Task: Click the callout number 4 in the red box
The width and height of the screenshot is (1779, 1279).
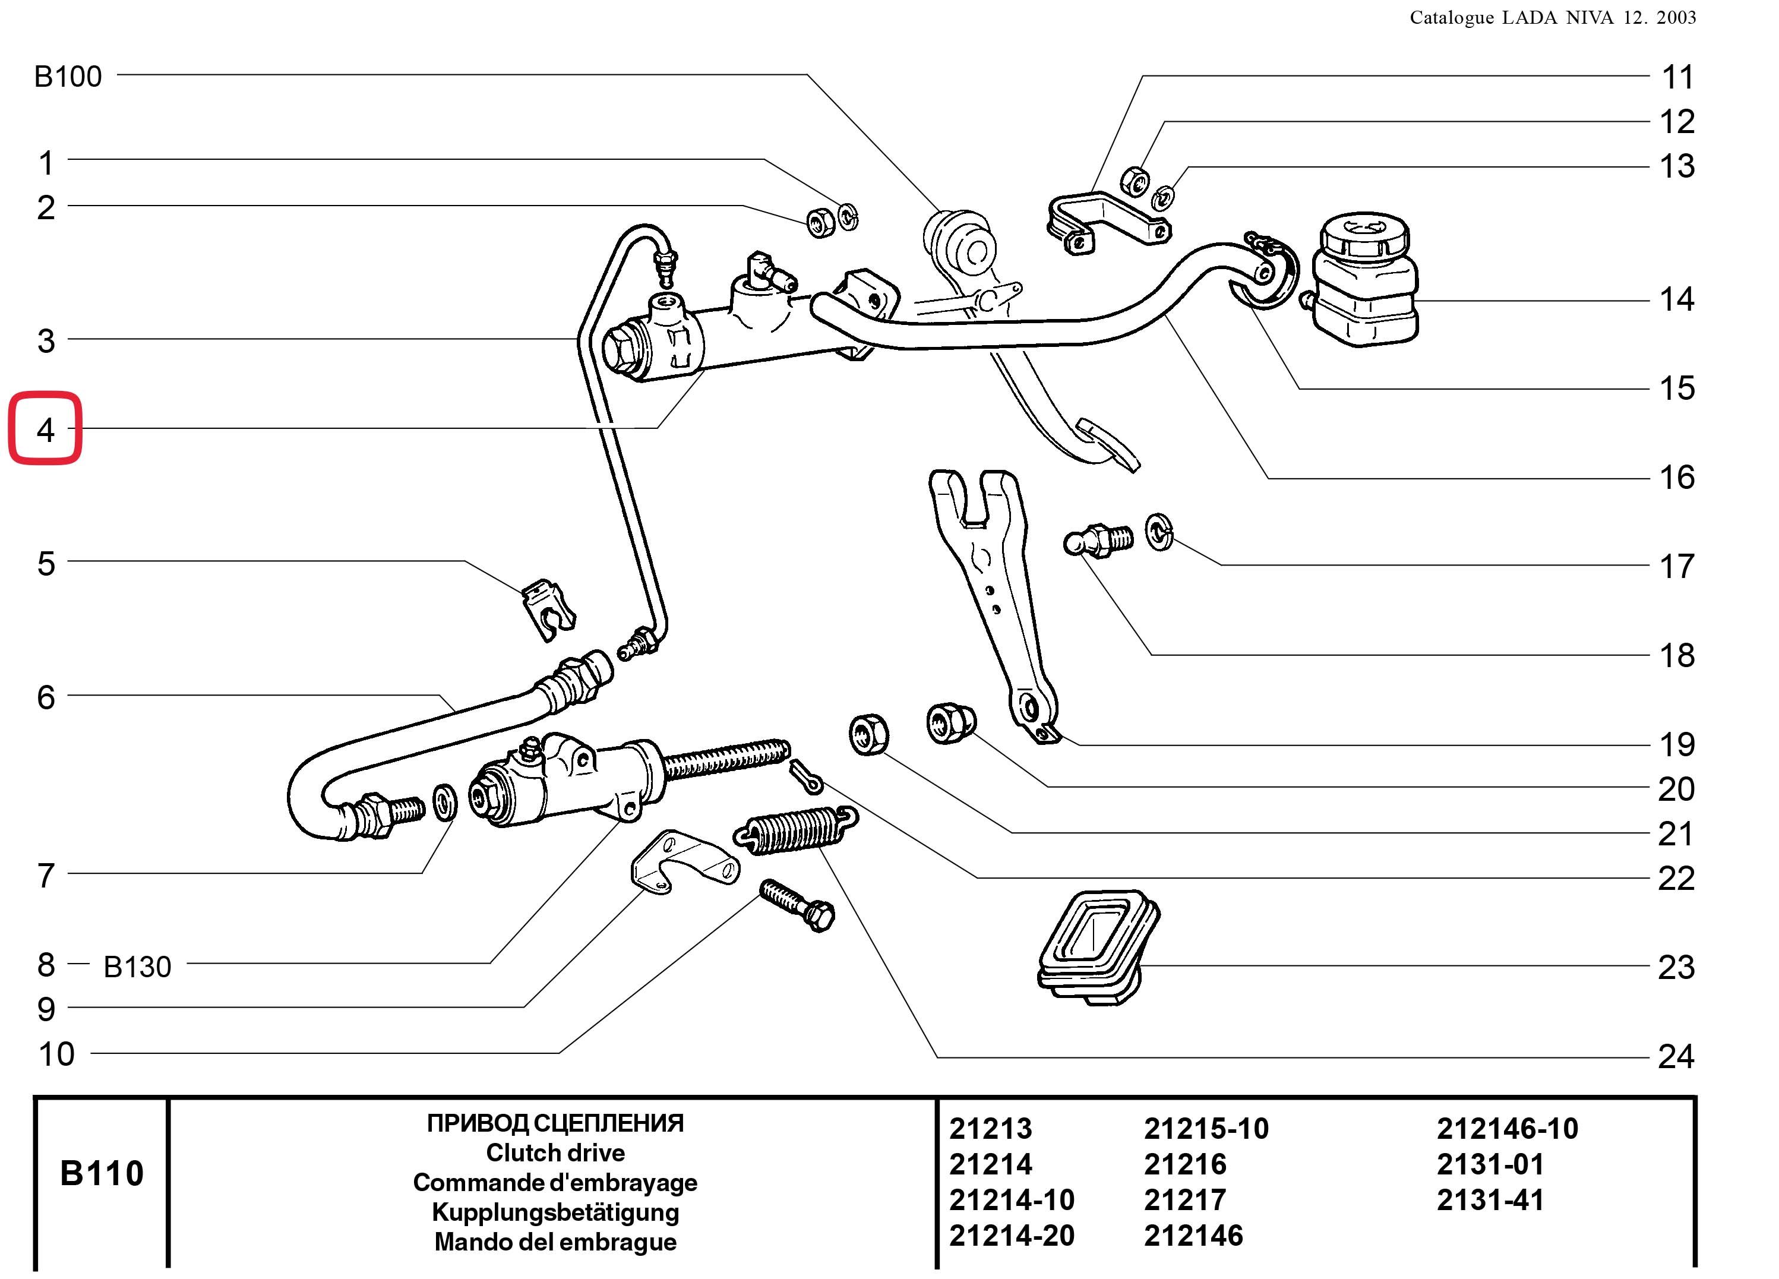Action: (x=46, y=430)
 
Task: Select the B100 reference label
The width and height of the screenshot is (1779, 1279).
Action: (x=68, y=77)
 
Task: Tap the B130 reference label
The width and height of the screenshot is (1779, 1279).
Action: (x=137, y=967)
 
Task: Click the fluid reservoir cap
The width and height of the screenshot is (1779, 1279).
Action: (x=1364, y=234)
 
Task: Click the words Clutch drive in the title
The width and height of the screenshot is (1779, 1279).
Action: (x=555, y=1152)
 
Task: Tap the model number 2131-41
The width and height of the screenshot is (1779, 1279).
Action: (x=1490, y=1200)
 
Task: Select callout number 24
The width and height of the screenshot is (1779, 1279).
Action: (x=1676, y=1057)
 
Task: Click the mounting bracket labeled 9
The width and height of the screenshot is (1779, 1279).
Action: (x=684, y=863)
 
